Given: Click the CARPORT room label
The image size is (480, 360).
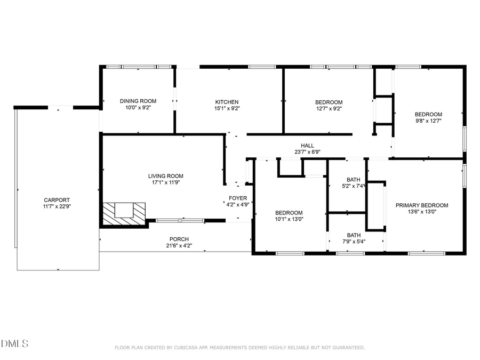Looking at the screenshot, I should tap(57, 200).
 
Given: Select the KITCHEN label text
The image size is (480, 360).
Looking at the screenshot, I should tap(227, 102).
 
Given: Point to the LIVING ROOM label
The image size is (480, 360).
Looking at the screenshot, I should tap(165, 176).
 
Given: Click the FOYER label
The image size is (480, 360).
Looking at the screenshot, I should tap(238, 198).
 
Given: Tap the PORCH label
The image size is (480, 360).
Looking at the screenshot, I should tap(179, 239).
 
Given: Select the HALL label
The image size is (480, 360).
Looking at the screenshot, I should tap(307, 146).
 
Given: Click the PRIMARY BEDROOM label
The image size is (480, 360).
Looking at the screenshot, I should tap(421, 205).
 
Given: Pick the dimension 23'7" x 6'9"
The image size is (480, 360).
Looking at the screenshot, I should tap(307, 152).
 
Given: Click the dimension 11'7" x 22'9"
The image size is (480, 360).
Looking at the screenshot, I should tap(57, 206).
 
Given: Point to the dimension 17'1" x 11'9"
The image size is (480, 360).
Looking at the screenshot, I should tap(165, 182).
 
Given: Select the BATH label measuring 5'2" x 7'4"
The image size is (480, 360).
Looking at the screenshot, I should tap(353, 180).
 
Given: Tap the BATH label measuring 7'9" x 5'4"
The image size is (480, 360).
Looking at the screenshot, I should tap(354, 235).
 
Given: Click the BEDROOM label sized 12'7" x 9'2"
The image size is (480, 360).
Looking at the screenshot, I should tap(329, 102).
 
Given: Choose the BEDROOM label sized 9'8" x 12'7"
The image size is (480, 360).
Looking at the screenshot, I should tap(428, 114).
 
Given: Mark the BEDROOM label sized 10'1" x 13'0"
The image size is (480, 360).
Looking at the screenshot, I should tap(289, 213).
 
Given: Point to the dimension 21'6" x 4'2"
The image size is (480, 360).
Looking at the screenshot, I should tap(179, 246).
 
